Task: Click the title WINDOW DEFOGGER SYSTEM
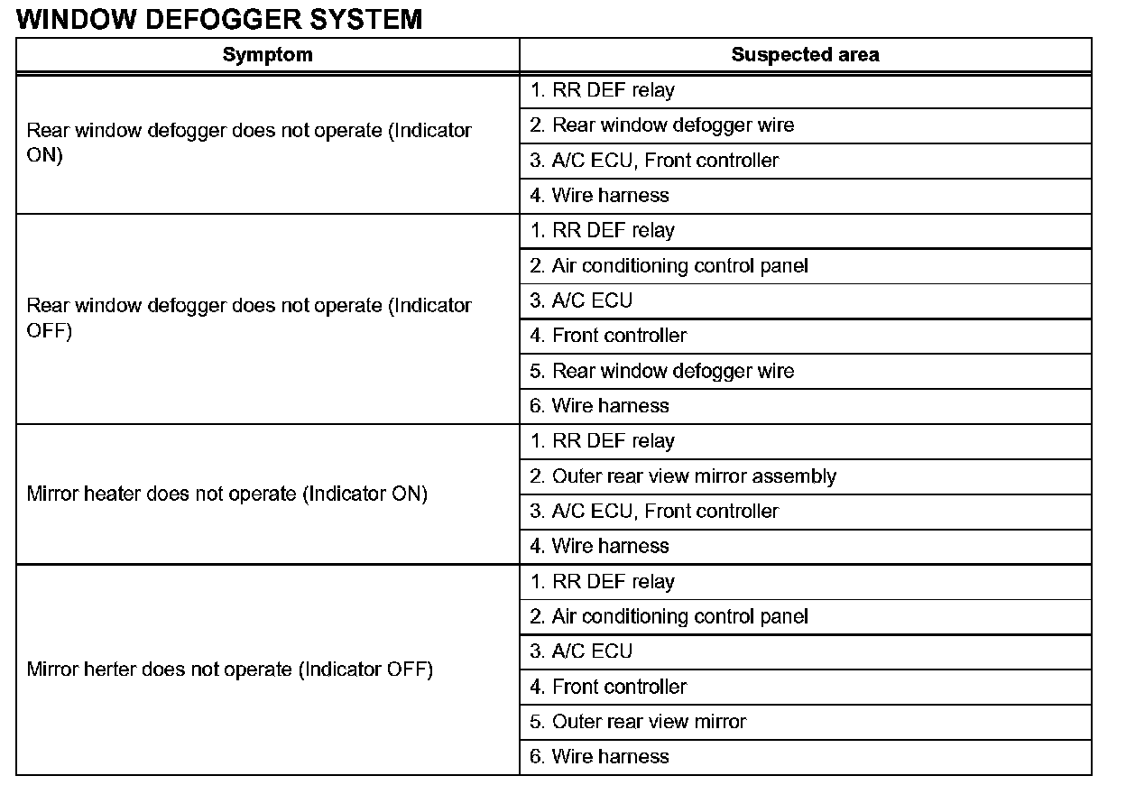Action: (x=219, y=18)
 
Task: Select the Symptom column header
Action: (x=267, y=54)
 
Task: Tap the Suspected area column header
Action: (x=805, y=54)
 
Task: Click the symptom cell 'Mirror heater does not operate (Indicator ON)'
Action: (x=227, y=494)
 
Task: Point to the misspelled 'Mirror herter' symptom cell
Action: (x=230, y=670)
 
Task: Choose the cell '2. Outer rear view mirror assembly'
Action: (x=683, y=476)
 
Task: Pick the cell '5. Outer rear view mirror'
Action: (x=638, y=722)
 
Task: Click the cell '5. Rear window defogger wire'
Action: (x=661, y=371)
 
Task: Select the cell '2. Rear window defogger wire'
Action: (x=661, y=125)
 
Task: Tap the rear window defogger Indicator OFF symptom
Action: (x=249, y=318)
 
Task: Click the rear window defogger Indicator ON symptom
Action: (x=249, y=142)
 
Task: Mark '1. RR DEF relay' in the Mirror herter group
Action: (x=602, y=582)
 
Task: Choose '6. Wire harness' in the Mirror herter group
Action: (x=599, y=756)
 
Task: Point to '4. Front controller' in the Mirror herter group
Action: (x=608, y=687)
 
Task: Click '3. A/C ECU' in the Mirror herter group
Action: (x=581, y=651)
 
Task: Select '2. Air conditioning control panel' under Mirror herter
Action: (x=669, y=616)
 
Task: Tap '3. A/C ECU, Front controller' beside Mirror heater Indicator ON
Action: (x=654, y=512)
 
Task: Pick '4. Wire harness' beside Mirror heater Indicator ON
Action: (x=599, y=546)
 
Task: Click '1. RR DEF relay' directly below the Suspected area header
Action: (x=602, y=90)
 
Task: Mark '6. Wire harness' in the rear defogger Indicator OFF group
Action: (x=599, y=406)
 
